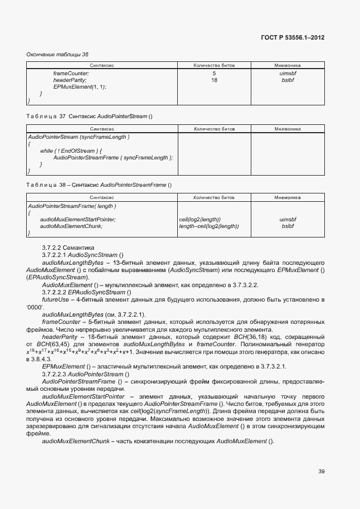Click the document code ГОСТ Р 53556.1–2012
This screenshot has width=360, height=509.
[293, 37]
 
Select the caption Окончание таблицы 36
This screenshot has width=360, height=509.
[57, 54]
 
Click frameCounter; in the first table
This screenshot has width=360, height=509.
[71, 73]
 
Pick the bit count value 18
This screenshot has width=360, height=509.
[214, 80]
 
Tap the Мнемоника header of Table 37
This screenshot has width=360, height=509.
[287, 129]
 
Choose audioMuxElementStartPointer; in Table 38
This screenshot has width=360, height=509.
[78, 220]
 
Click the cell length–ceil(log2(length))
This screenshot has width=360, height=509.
[208, 226]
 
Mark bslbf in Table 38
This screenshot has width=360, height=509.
[288, 226]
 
